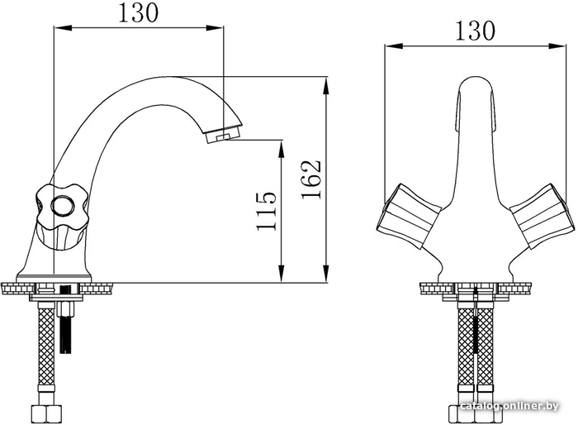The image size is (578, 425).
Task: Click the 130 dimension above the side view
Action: [139, 13]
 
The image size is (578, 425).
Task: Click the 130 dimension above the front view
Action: [475, 31]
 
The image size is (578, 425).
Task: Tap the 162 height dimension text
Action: [311, 179]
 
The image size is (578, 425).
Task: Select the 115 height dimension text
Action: [266, 211]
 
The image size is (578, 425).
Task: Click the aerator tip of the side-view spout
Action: [224, 135]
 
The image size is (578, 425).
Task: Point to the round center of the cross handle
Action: [61, 206]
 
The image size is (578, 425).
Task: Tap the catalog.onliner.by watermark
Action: [509, 406]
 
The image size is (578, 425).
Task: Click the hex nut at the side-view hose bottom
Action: [46, 414]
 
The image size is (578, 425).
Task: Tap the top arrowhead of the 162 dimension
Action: [326, 85]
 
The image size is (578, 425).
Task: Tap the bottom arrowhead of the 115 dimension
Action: [282, 274]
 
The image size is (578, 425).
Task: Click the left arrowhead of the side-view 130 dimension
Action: [63, 27]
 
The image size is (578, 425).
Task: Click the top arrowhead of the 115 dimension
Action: [282, 149]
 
